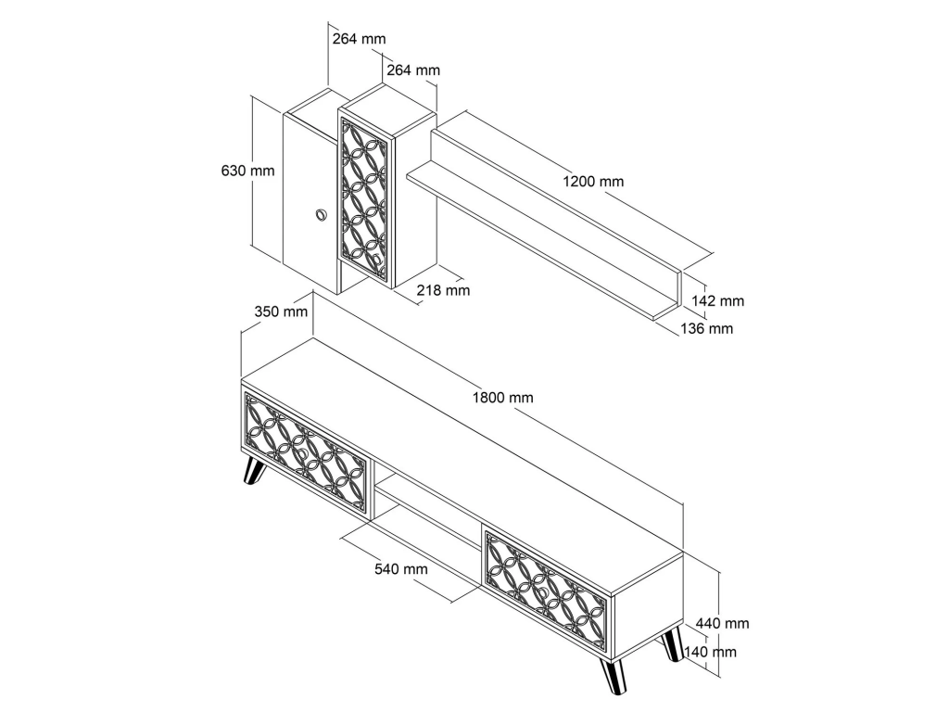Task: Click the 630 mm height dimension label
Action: point(247,171)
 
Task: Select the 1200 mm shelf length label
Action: point(593,181)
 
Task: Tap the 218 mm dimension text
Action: point(443,290)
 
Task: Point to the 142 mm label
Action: point(718,301)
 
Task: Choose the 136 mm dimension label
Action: point(706,329)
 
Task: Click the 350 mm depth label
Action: point(281,311)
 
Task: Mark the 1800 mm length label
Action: point(503,398)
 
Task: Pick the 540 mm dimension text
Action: point(401,569)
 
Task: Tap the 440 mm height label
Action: point(723,623)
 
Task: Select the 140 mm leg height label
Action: point(710,652)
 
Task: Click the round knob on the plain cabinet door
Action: point(320,215)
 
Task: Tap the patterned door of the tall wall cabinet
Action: point(363,200)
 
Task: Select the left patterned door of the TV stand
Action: point(306,454)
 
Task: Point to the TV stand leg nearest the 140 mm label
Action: point(672,645)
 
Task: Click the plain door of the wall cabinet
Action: point(310,203)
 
